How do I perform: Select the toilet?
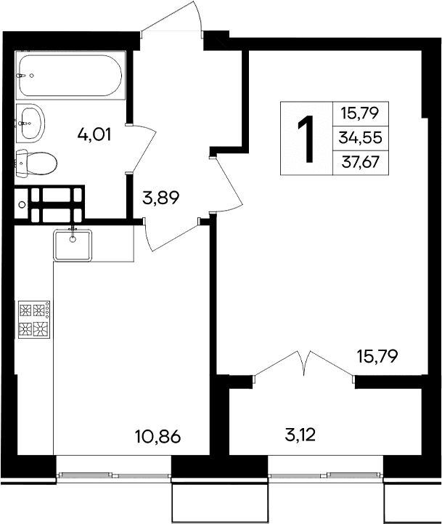[x=36, y=163]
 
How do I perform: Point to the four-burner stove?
[x=34, y=321]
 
